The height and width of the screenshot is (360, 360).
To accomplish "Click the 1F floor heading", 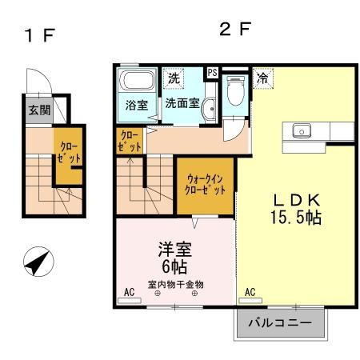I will tap(37, 37).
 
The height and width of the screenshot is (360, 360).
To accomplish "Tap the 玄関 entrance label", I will tap(38, 110).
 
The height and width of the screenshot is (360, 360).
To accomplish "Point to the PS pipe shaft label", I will tap(212, 72).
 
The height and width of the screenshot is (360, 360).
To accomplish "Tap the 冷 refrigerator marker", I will tap(262, 78).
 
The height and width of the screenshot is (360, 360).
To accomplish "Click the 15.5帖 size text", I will tap(294, 217).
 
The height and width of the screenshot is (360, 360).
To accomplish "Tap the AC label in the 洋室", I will tap(128, 293).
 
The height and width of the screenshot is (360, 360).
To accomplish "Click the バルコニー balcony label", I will tap(281, 323).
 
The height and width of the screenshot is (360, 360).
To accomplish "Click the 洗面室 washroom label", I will tap(182, 103).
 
